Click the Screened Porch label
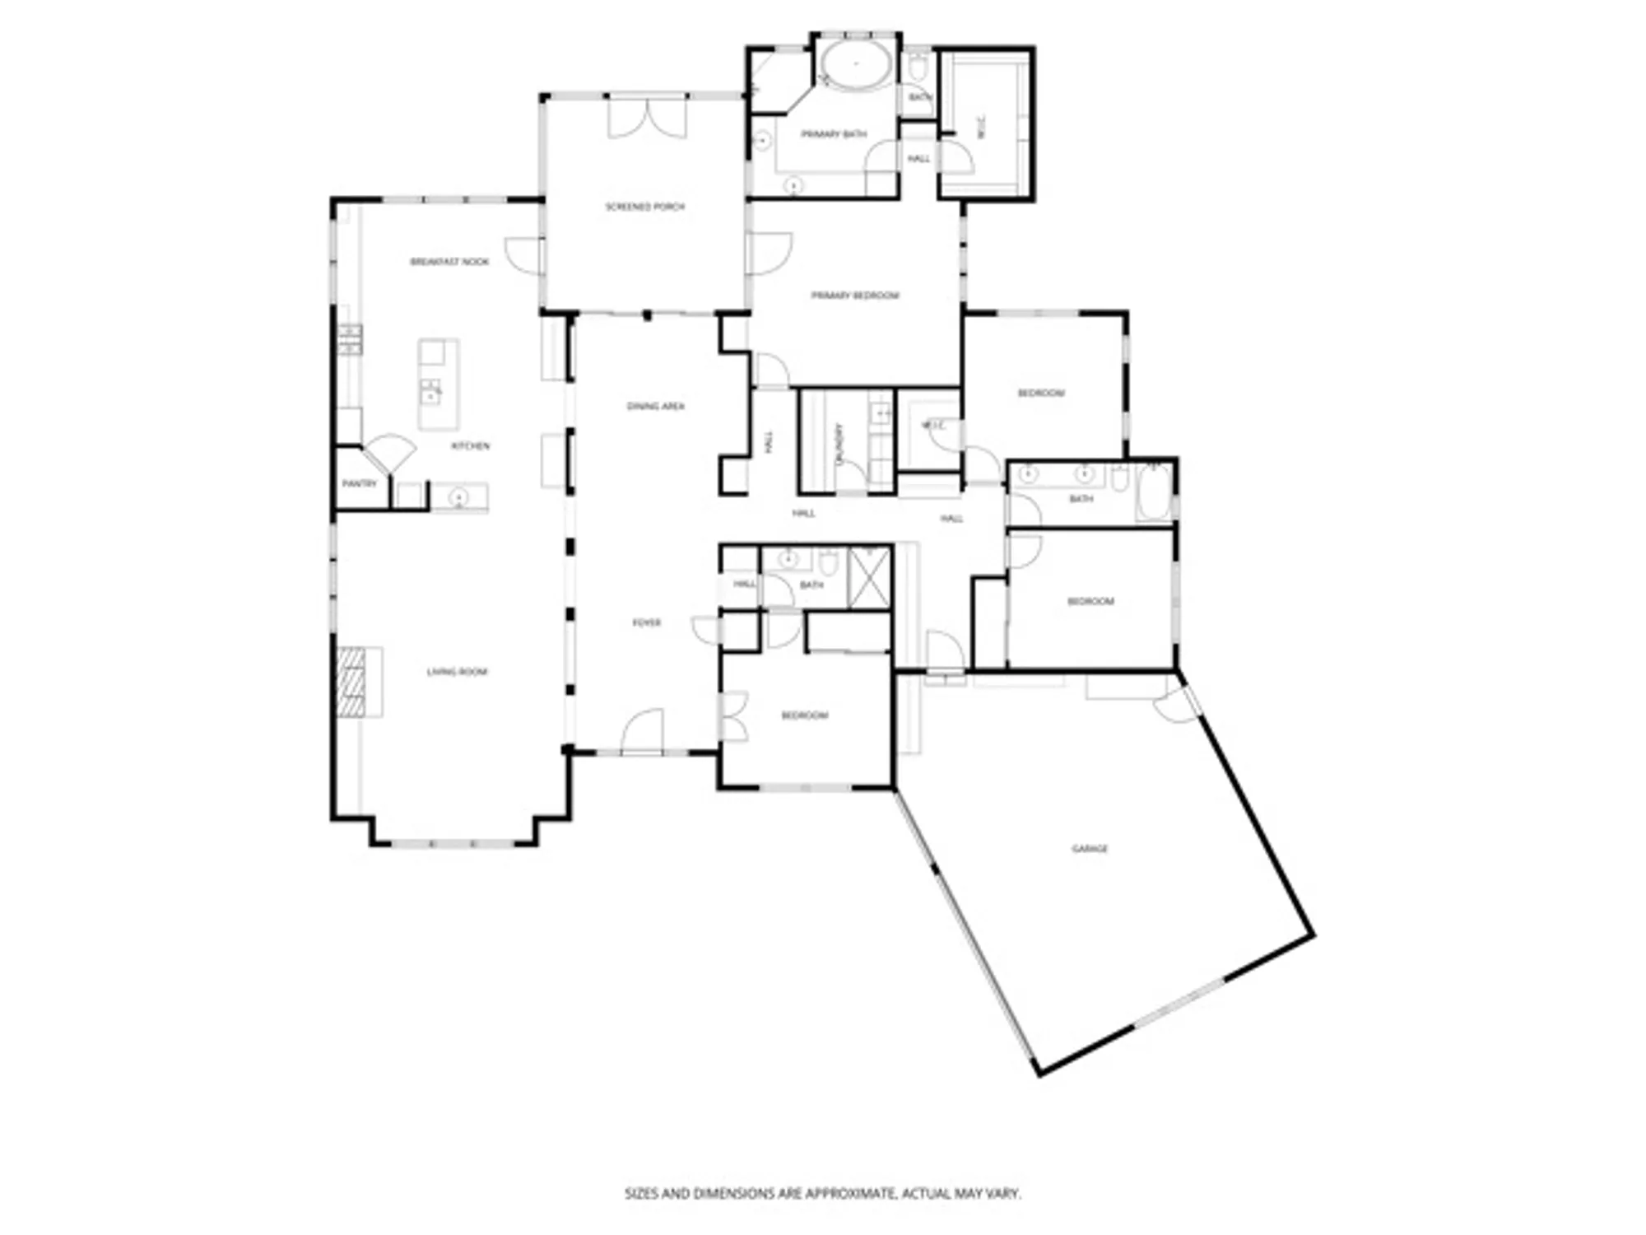(644, 207)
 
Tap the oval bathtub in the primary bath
(856, 63)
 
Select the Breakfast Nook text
(449, 262)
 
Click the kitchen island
(438, 384)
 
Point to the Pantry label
(359, 483)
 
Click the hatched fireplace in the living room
(351, 681)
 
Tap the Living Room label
(457, 672)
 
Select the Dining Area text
(655, 406)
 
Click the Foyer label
(646, 622)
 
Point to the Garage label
(1090, 848)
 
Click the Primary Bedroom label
(855, 295)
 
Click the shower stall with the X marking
(869, 577)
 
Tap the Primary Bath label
(833, 133)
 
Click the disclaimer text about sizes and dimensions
(822, 1193)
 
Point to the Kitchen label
(470, 445)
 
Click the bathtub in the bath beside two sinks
(1154, 492)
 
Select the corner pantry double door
(389, 452)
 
